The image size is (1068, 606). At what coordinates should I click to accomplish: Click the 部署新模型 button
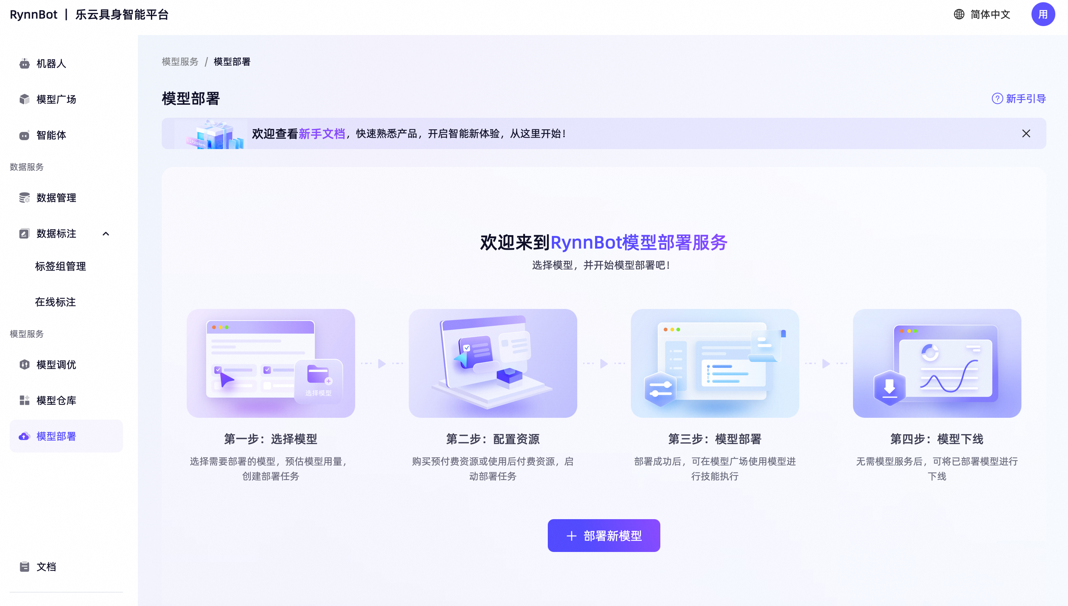[x=604, y=535]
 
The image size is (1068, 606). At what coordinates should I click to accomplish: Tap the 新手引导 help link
[x=1018, y=99]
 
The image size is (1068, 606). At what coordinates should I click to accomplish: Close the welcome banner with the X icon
[x=1026, y=133]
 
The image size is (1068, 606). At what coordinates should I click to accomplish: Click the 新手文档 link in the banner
[x=322, y=133]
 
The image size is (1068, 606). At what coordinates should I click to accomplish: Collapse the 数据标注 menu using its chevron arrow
[x=106, y=234]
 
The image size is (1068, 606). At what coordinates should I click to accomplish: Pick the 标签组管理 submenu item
[x=60, y=266]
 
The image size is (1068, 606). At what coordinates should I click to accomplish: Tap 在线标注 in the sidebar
[x=55, y=302]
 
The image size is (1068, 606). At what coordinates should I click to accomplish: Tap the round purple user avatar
[x=1043, y=15]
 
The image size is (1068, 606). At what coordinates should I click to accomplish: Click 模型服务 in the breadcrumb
[x=180, y=61]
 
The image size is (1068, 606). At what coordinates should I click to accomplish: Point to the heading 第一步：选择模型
[x=271, y=439]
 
